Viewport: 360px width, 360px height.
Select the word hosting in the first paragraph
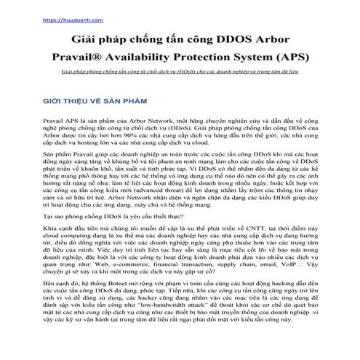click(x=93, y=143)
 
